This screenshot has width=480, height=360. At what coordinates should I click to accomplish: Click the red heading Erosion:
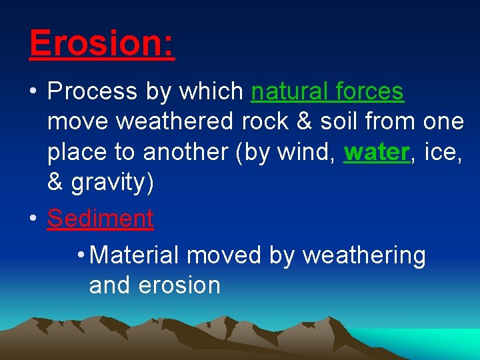click(102, 43)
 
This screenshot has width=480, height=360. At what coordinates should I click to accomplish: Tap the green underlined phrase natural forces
click(327, 91)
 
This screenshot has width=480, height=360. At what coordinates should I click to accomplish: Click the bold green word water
click(375, 153)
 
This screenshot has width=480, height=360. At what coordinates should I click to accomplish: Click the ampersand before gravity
click(55, 183)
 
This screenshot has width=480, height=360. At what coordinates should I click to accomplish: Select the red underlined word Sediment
click(100, 219)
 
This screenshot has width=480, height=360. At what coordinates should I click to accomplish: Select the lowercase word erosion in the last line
click(179, 285)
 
